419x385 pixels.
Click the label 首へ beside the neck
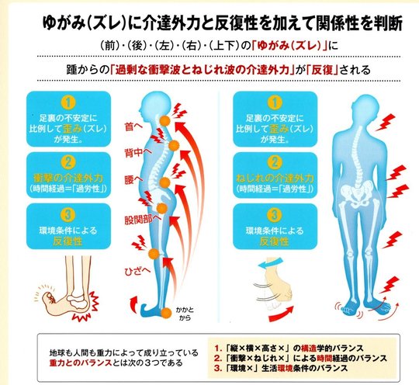coord(133,127)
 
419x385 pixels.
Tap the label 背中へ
coord(138,153)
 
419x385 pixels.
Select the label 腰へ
coord(133,179)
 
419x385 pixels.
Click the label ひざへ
coord(137,271)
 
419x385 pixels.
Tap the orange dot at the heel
coord(167,313)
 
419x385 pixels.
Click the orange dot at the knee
coord(154,254)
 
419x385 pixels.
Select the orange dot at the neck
coord(165,121)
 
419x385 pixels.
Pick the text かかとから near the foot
coord(185,314)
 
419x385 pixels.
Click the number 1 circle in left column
coord(68,102)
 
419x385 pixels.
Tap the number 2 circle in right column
coord(275,162)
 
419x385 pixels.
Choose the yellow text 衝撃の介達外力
coord(68,178)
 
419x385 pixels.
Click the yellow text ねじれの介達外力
coord(275,178)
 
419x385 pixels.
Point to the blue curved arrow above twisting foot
coord(270,263)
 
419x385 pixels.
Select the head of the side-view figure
coord(154,104)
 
